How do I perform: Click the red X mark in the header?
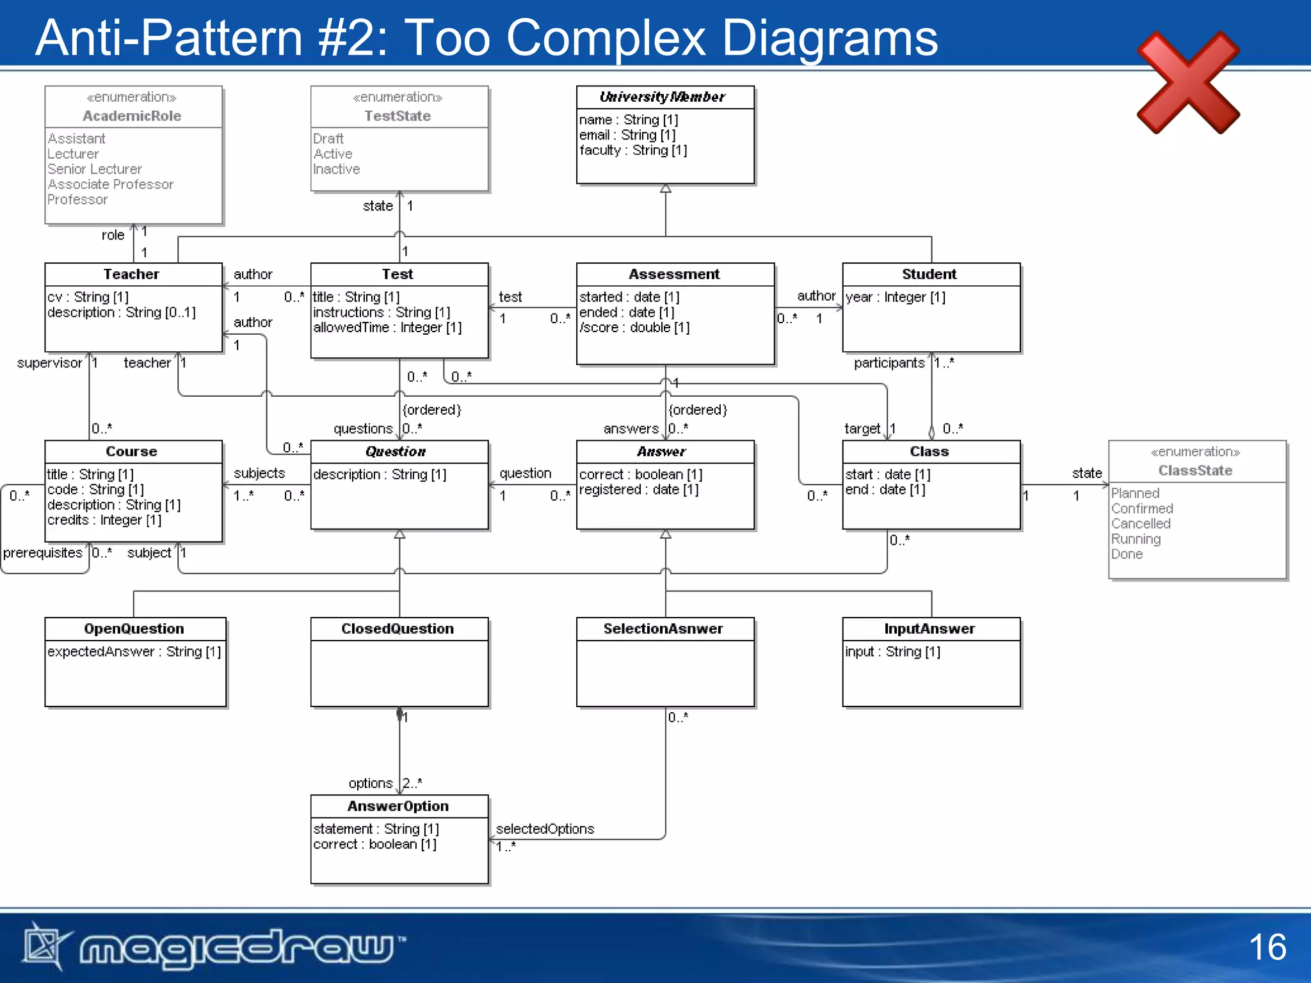click(x=1188, y=83)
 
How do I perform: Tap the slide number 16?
click(x=1267, y=947)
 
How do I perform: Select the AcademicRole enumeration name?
click(x=132, y=116)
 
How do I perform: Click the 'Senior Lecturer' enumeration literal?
click(x=95, y=169)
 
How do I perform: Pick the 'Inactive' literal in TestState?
click(x=337, y=169)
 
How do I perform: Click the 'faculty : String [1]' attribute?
click(x=633, y=150)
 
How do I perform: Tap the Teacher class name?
click(x=131, y=274)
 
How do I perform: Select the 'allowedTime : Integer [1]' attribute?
click(x=387, y=328)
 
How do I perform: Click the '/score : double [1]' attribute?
click(x=634, y=328)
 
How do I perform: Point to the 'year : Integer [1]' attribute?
click(x=895, y=297)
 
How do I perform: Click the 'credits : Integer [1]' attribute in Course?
click(x=104, y=520)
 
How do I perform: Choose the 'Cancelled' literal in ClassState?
click(x=1141, y=523)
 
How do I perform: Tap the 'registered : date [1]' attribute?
click(x=639, y=490)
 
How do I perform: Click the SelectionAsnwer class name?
click(x=663, y=628)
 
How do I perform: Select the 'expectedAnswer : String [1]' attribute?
click(x=134, y=651)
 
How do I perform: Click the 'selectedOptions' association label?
click(x=545, y=829)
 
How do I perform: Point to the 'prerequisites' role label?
click(x=43, y=553)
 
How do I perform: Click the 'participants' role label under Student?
click(x=889, y=363)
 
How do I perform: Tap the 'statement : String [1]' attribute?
click(x=376, y=829)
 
